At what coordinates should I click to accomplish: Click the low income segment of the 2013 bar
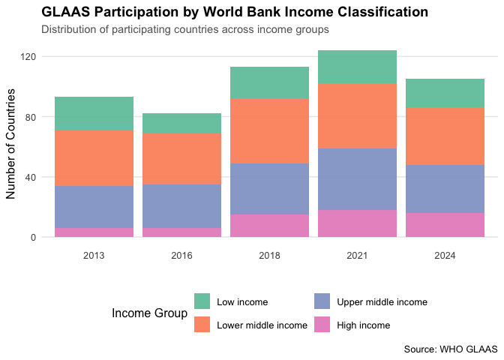pos(94,113)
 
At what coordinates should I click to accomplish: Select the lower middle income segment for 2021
pos(357,115)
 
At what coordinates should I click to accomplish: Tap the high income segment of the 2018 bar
pos(269,226)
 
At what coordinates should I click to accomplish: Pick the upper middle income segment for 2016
pos(181,206)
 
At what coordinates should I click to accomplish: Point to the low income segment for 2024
pos(445,93)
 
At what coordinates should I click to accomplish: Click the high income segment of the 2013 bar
pos(94,232)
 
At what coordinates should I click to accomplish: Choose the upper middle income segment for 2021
pos(357,179)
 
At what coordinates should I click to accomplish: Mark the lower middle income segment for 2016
pos(181,159)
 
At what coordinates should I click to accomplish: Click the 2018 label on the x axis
pos(269,256)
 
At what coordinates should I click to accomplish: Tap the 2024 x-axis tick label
pos(445,256)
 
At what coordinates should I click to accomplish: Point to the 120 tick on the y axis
pos(31,57)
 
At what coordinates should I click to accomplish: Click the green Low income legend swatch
pos(202,301)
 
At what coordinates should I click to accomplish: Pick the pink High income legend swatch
pos(322,325)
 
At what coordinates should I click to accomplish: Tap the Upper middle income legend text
pos(382,302)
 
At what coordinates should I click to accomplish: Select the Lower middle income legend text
pos(262,325)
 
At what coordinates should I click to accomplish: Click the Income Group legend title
pos(148,313)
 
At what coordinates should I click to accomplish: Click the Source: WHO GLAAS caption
pos(450,349)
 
